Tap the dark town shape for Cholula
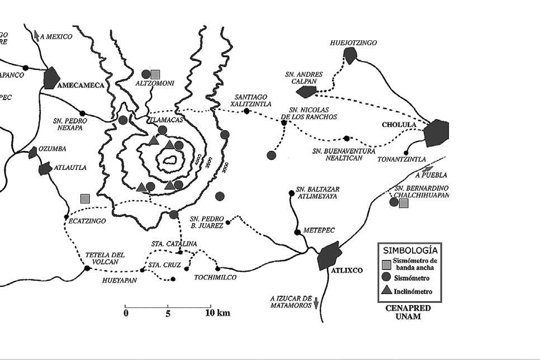(x=437, y=133)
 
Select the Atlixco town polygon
(x=329, y=256)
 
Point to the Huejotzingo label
(x=353, y=42)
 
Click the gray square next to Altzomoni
(x=155, y=74)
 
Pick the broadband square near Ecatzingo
(x=84, y=198)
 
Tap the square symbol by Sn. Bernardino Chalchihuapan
(x=404, y=203)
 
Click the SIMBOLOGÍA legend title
(x=409, y=249)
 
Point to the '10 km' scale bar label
(x=217, y=312)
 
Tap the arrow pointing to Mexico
(x=37, y=35)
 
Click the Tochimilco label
(x=215, y=277)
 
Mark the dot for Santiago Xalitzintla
(x=247, y=111)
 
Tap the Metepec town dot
(x=297, y=232)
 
